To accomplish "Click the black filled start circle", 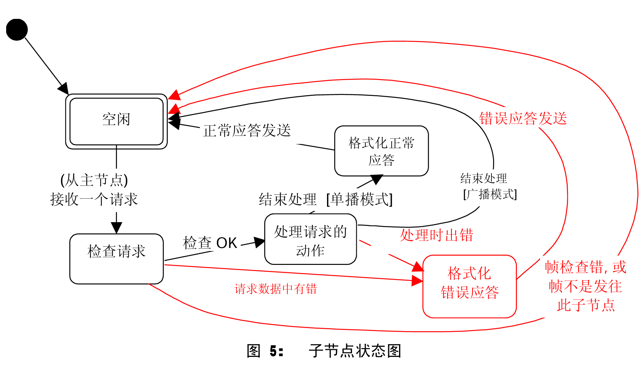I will tap(17, 30).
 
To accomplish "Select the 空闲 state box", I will tap(116, 121).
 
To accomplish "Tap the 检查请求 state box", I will tap(116, 259).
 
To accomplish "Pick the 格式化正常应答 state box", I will tap(381, 151).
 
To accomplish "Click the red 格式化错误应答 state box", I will tap(469, 286).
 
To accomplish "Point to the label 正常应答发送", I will tap(247, 131).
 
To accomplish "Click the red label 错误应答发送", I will tap(523, 119).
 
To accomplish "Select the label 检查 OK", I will tap(210, 243).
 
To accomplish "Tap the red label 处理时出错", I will tap(436, 235).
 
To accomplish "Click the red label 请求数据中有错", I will tap(275, 289).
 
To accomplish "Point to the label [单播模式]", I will tap(359, 199).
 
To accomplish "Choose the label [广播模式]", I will tap(490, 194).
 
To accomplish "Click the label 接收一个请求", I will tap(94, 199).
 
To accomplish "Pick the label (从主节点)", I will tap(94, 180).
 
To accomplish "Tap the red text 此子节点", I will tap(585, 305).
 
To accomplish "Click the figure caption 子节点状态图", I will tap(355, 351).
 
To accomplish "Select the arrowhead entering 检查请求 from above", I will tap(116, 228).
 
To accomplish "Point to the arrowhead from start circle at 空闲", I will tap(64, 89).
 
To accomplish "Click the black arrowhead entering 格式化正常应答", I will tap(376, 179).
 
